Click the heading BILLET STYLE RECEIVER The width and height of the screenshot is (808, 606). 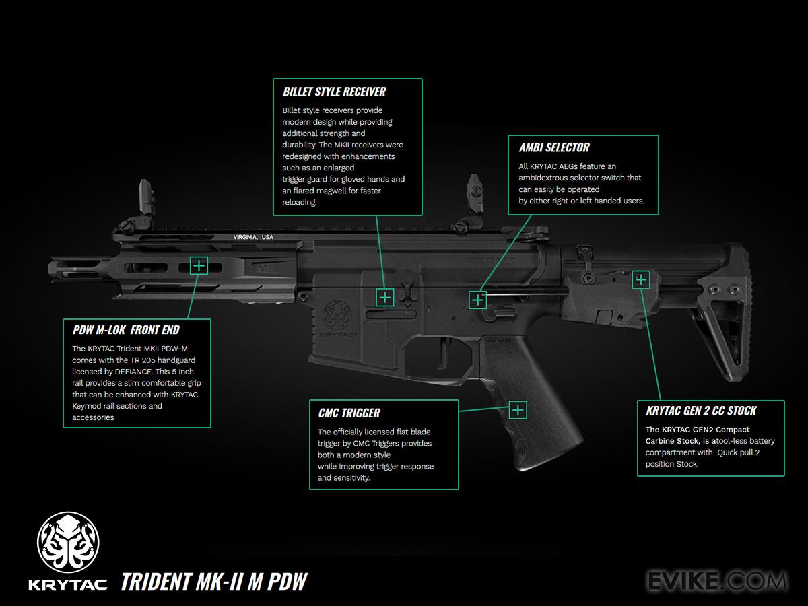(x=335, y=92)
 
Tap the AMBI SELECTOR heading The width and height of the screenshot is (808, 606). (x=554, y=147)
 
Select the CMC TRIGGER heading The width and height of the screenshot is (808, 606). (x=349, y=413)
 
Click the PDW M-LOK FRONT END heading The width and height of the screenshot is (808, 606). (x=126, y=330)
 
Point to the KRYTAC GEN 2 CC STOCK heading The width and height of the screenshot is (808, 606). (x=701, y=411)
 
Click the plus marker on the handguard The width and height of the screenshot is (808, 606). (x=199, y=265)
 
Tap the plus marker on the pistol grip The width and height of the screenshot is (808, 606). (x=518, y=409)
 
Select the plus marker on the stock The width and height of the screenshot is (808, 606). (x=640, y=279)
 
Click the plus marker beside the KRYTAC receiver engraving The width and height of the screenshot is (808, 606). (x=384, y=297)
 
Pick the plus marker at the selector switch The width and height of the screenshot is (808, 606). (x=477, y=300)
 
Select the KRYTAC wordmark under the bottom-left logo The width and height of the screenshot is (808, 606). (x=68, y=583)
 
